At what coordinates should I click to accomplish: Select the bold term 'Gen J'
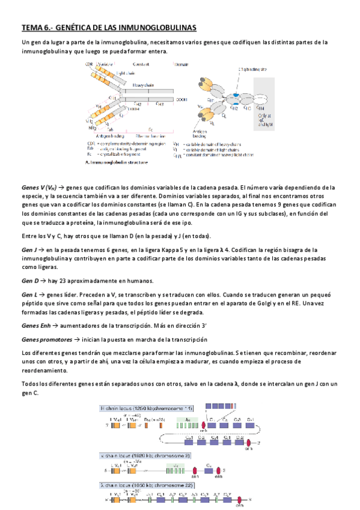click(29, 250)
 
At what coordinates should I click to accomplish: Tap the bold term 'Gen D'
click(30, 281)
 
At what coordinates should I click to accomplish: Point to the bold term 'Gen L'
click(29, 295)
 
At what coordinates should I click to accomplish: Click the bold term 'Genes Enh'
click(35, 325)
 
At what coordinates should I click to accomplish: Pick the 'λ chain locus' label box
click(138, 484)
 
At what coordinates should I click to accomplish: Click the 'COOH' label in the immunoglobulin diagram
click(181, 99)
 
